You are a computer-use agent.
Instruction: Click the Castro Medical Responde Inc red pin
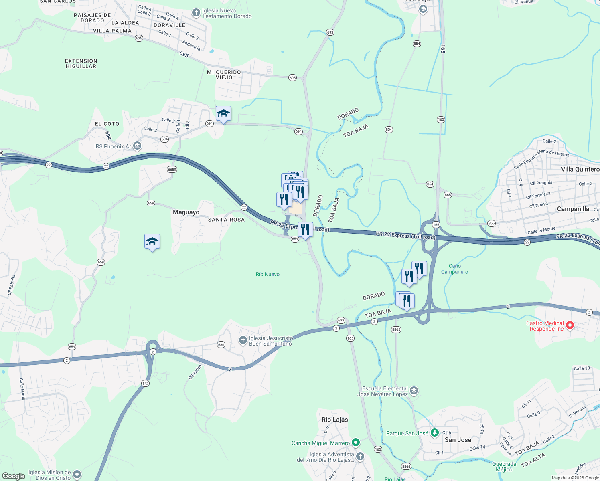click(x=570, y=325)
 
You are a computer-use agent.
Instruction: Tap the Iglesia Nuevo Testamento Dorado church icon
click(x=196, y=13)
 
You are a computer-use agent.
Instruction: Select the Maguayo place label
click(x=186, y=212)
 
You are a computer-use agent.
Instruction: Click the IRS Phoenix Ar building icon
click(x=137, y=146)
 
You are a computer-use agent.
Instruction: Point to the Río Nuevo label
click(x=268, y=274)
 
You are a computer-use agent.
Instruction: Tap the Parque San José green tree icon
click(x=435, y=433)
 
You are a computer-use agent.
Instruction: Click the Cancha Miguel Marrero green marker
click(x=355, y=443)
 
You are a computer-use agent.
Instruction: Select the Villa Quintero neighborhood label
click(x=580, y=169)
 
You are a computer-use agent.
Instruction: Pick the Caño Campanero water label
click(x=454, y=269)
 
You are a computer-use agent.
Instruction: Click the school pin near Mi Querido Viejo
click(x=223, y=114)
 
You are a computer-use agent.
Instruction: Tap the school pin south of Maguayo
click(x=152, y=241)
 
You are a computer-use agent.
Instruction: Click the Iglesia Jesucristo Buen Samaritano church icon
click(x=243, y=341)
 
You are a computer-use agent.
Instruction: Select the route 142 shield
click(x=145, y=384)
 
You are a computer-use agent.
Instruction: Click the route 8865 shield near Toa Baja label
click(x=396, y=329)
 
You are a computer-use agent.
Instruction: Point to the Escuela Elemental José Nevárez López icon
click(x=414, y=390)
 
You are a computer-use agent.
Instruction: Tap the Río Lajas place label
click(x=334, y=420)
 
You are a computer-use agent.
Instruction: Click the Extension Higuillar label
click(x=81, y=63)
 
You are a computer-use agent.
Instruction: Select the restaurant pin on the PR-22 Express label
click(x=305, y=230)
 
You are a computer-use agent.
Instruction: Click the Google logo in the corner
click(x=13, y=476)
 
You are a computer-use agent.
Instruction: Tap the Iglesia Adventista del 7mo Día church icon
click(x=360, y=456)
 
